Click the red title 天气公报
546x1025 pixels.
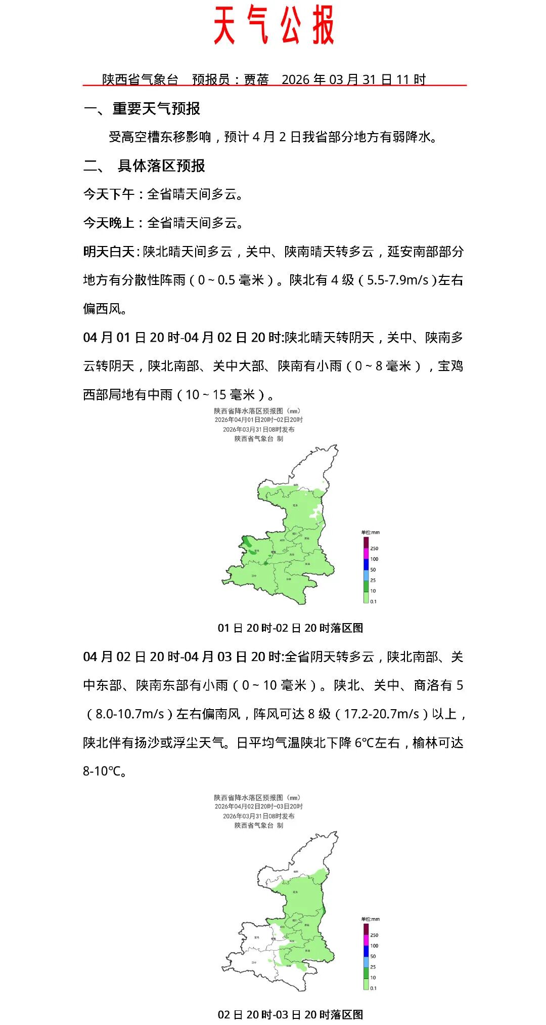coord(274,25)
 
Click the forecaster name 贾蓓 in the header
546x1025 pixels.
coord(256,79)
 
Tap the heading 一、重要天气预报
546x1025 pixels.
coord(142,108)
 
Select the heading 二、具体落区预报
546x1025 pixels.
coord(144,166)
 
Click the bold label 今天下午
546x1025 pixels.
coord(108,194)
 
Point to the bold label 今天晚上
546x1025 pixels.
coord(108,223)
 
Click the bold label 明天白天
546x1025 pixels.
coord(108,252)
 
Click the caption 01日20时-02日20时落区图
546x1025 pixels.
coord(290,628)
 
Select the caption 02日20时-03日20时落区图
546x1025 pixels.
coord(290,1014)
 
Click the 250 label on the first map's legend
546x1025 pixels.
coord(374,548)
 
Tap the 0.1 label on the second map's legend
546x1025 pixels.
coord(373,988)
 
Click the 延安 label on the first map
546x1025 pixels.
coord(295,505)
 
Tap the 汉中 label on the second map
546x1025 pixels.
coord(254,962)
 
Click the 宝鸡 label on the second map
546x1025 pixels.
coord(256,937)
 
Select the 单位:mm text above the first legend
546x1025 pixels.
coord(370,532)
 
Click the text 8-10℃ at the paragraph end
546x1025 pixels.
coord(103,771)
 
